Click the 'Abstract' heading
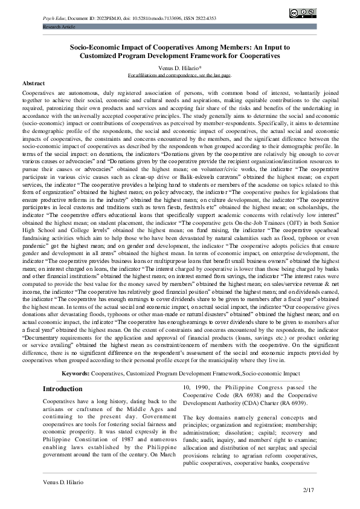[33, 82]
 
